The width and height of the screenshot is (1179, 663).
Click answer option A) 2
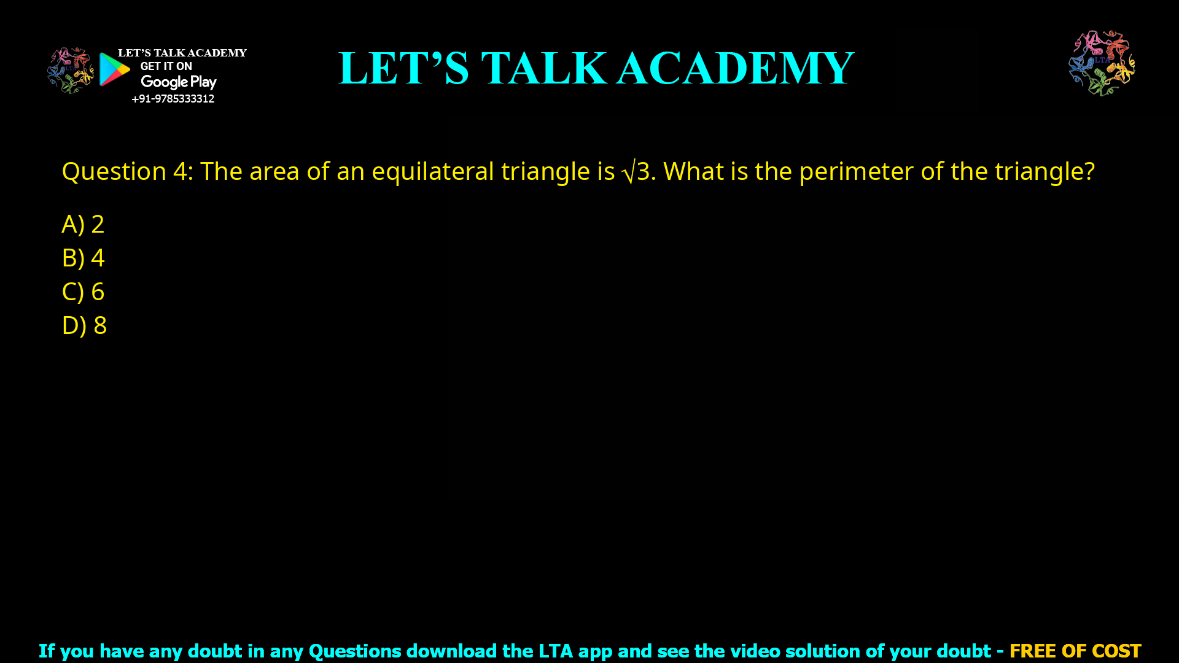tap(83, 224)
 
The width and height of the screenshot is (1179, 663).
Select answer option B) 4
tap(83, 258)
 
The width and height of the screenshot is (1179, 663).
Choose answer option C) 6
tap(83, 292)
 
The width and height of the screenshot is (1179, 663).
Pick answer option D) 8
tap(84, 325)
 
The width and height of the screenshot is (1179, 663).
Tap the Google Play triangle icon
tap(114, 69)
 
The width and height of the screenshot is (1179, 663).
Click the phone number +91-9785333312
tap(173, 99)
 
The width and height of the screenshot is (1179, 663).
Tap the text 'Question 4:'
tap(127, 171)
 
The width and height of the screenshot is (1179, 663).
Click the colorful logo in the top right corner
tap(1102, 63)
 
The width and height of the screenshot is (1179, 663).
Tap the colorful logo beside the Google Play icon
tap(70, 71)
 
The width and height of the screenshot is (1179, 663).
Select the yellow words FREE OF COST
tap(1075, 651)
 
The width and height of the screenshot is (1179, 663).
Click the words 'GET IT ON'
tap(166, 66)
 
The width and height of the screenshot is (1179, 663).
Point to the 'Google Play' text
tap(178, 82)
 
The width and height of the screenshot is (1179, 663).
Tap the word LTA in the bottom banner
tap(555, 651)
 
